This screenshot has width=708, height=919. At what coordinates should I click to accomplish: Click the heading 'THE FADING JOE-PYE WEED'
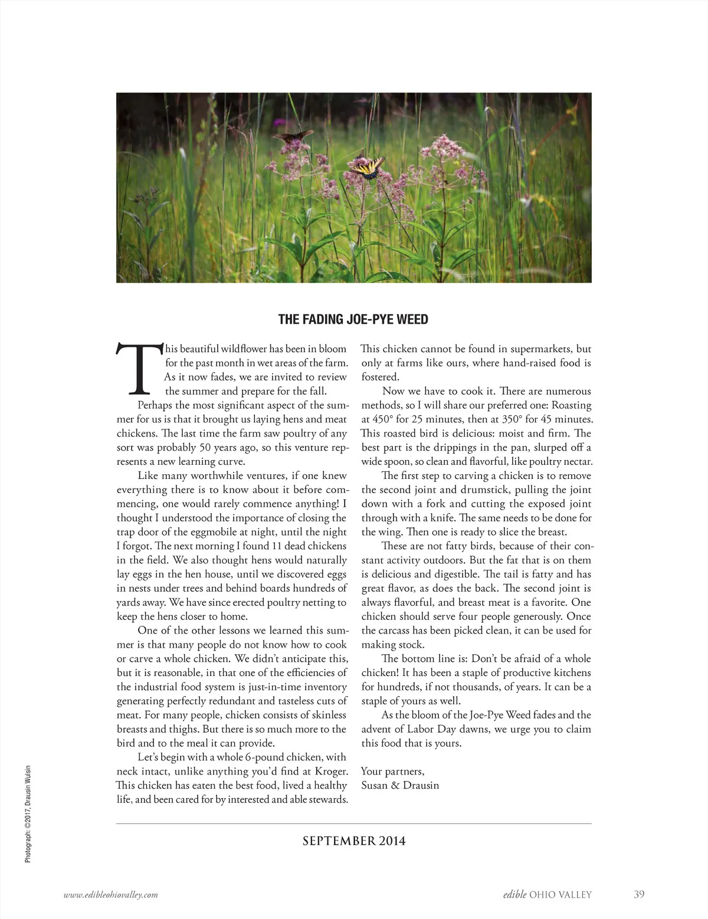(353, 320)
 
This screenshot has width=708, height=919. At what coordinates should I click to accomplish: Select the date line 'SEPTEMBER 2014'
(354, 841)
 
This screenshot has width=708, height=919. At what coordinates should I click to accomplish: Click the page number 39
(639, 894)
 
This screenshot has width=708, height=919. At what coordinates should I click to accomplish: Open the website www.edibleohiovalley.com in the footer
(111, 895)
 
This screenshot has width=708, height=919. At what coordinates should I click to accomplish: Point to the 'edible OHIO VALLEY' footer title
(543, 895)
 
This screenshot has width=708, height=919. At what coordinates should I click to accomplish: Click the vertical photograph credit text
(28, 814)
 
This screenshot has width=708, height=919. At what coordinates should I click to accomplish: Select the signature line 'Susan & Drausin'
(400, 785)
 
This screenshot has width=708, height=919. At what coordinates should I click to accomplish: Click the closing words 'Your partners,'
(392, 771)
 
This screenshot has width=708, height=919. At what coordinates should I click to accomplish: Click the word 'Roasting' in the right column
(571, 405)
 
